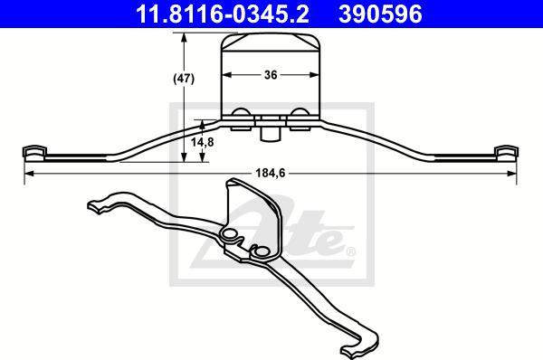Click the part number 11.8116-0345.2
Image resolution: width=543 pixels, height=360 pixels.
(223, 14)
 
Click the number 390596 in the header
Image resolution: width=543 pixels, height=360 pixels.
(380, 14)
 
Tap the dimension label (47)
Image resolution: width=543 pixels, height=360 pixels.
(184, 79)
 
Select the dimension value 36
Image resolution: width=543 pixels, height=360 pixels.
(271, 75)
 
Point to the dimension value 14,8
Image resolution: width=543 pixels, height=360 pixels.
(203, 142)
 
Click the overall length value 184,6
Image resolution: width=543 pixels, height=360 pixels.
(271, 173)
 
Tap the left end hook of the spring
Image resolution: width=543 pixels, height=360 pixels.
(34, 154)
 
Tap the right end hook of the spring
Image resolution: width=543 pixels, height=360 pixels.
(506, 154)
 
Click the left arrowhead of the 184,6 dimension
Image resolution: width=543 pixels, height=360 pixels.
(29, 173)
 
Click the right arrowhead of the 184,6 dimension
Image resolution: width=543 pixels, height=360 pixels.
(512, 173)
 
